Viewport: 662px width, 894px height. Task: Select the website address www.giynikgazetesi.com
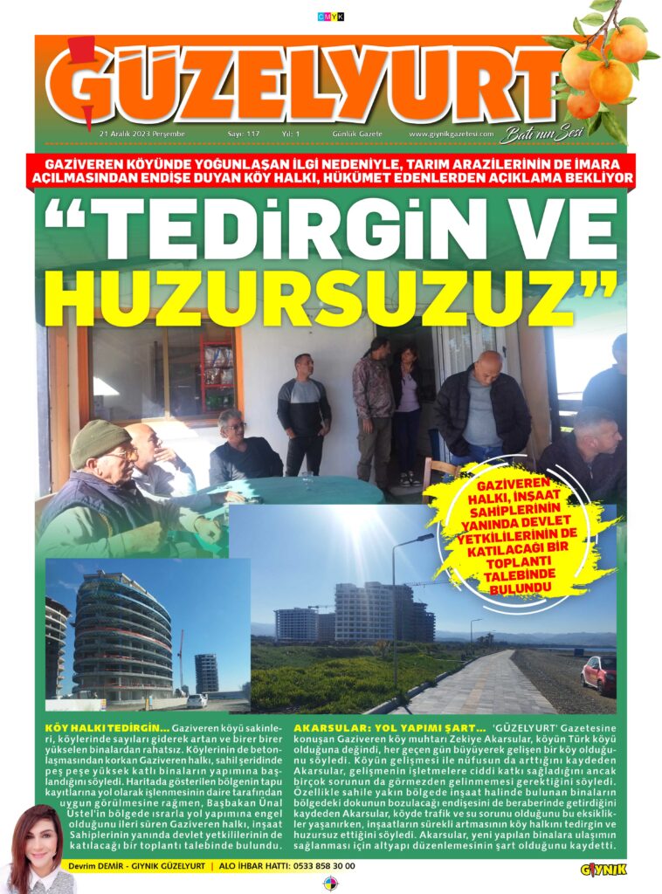[449, 134]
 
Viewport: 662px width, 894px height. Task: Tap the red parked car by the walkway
[599, 673]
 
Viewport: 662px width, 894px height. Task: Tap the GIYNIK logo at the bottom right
[603, 869]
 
